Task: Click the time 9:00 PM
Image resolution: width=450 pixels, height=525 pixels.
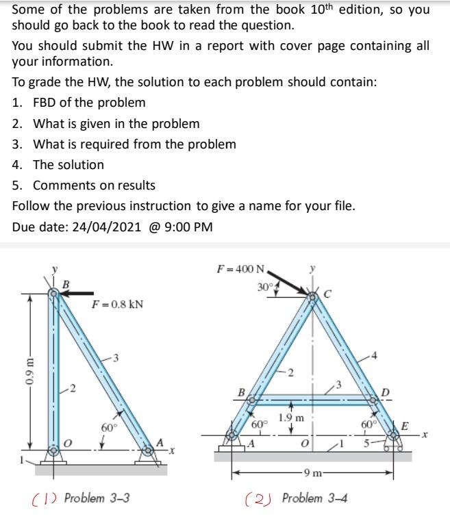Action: (x=190, y=227)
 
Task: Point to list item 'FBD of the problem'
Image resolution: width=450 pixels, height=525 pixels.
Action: (x=89, y=103)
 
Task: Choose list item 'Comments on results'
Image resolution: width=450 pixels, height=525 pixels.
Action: (x=94, y=185)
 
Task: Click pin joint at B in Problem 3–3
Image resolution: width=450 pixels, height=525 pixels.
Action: (x=53, y=294)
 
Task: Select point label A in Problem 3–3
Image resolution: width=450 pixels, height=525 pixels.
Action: (x=159, y=441)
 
